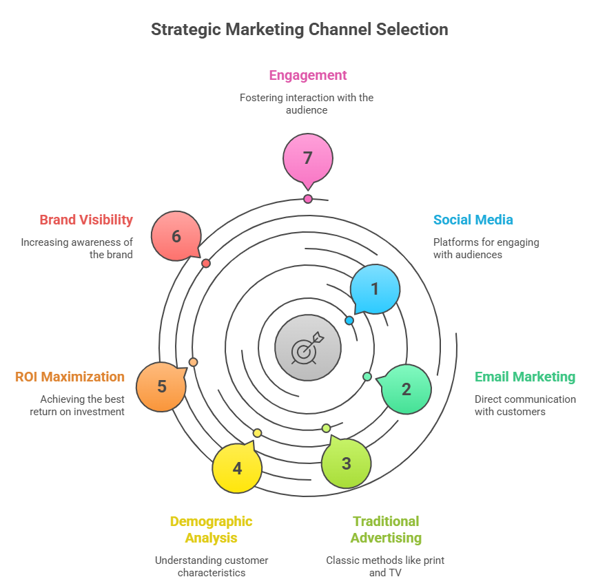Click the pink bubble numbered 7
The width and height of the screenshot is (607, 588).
pos(308,158)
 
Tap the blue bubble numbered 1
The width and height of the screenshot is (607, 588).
pos(375,289)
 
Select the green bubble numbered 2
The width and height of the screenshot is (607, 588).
pos(407,389)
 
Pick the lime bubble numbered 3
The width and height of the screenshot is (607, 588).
pos(347,463)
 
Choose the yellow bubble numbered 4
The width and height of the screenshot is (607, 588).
pos(237,469)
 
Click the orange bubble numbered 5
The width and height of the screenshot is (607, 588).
pos(161,386)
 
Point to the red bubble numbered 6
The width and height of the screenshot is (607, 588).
pos(176,236)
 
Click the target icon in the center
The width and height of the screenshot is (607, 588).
pos(307,348)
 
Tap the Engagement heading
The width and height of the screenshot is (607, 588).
pos(308,75)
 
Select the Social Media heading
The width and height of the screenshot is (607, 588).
pos(473,220)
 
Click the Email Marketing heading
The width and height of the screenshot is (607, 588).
pos(524,377)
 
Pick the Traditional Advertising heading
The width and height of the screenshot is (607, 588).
pos(386,529)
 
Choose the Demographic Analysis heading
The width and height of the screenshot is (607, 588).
pos(211,529)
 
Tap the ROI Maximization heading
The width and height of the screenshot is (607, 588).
pos(70,377)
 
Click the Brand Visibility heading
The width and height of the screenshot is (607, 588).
pos(86,220)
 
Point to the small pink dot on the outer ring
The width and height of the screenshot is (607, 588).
pos(308,199)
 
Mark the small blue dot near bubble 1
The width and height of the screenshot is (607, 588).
pos(349,320)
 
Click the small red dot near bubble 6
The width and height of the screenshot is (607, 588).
pos(205,263)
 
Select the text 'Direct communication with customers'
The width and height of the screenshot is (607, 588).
pos(524,405)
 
